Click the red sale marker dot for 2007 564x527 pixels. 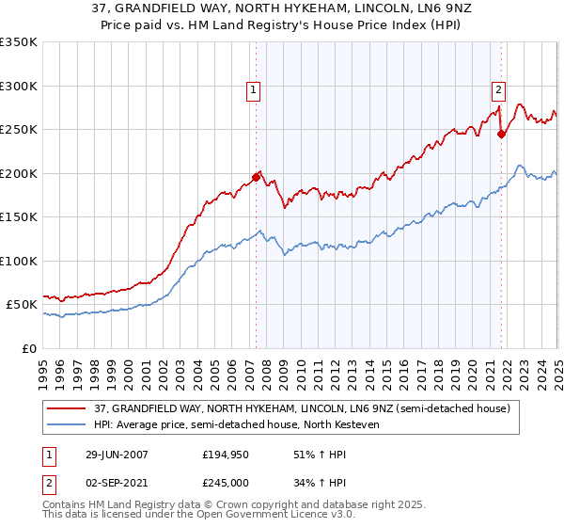[256, 176]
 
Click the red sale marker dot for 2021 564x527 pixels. [501, 134]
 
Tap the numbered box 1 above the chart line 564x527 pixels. [254, 90]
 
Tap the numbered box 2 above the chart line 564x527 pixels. [497, 90]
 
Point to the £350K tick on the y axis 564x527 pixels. [18, 42]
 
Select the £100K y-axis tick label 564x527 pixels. [18, 261]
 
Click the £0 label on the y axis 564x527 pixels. [29, 348]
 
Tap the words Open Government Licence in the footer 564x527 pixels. [259, 519]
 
